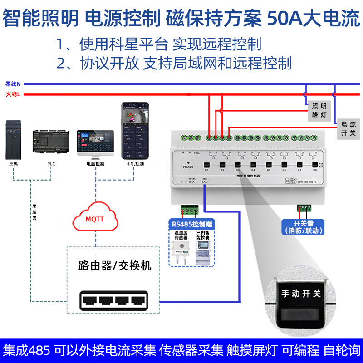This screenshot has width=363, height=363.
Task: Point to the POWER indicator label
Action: [188, 167]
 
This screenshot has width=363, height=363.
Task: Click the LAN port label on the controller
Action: [206, 181]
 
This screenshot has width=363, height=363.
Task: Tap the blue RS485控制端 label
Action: [192, 224]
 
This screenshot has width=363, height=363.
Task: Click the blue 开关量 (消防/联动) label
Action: [303, 226]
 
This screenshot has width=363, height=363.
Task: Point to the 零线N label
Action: [13, 84]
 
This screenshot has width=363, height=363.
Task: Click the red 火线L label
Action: [13, 94]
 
